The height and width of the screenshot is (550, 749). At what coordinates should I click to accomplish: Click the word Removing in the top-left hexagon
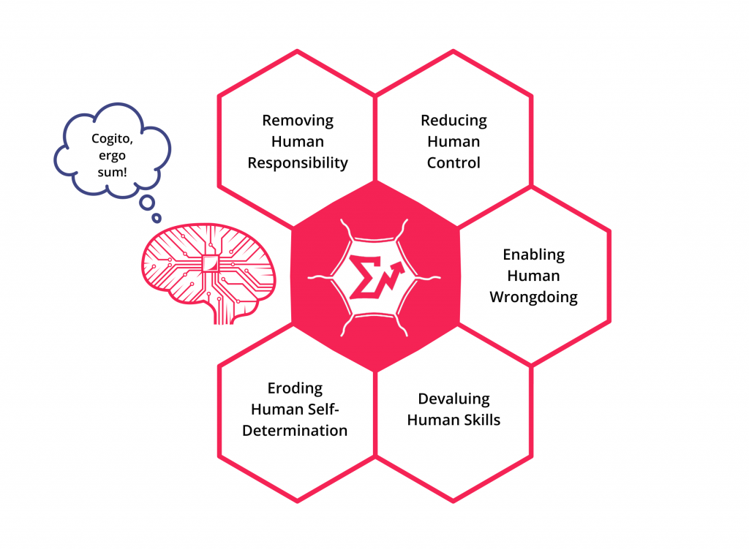(298, 121)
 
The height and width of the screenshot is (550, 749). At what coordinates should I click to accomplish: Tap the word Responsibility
(298, 163)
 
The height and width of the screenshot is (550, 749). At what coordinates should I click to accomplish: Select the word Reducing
(453, 121)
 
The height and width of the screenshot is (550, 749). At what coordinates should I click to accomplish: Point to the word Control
(453, 163)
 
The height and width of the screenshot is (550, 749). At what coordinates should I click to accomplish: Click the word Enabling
(533, 255)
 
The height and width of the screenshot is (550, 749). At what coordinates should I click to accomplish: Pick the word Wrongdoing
(533, 297)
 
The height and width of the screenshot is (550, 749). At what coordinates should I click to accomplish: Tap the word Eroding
(295, 388)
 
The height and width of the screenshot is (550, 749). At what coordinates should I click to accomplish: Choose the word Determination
(295, 430)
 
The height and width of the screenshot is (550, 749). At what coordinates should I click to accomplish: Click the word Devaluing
(453, 399)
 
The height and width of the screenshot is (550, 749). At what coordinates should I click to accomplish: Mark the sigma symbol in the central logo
(363, 276)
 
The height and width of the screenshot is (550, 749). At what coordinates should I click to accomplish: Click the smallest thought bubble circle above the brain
(156, 217)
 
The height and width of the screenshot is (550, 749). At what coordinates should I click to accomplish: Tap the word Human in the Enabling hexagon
(533, 276)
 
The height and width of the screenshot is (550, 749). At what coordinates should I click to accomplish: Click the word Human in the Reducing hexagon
(453, 142)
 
